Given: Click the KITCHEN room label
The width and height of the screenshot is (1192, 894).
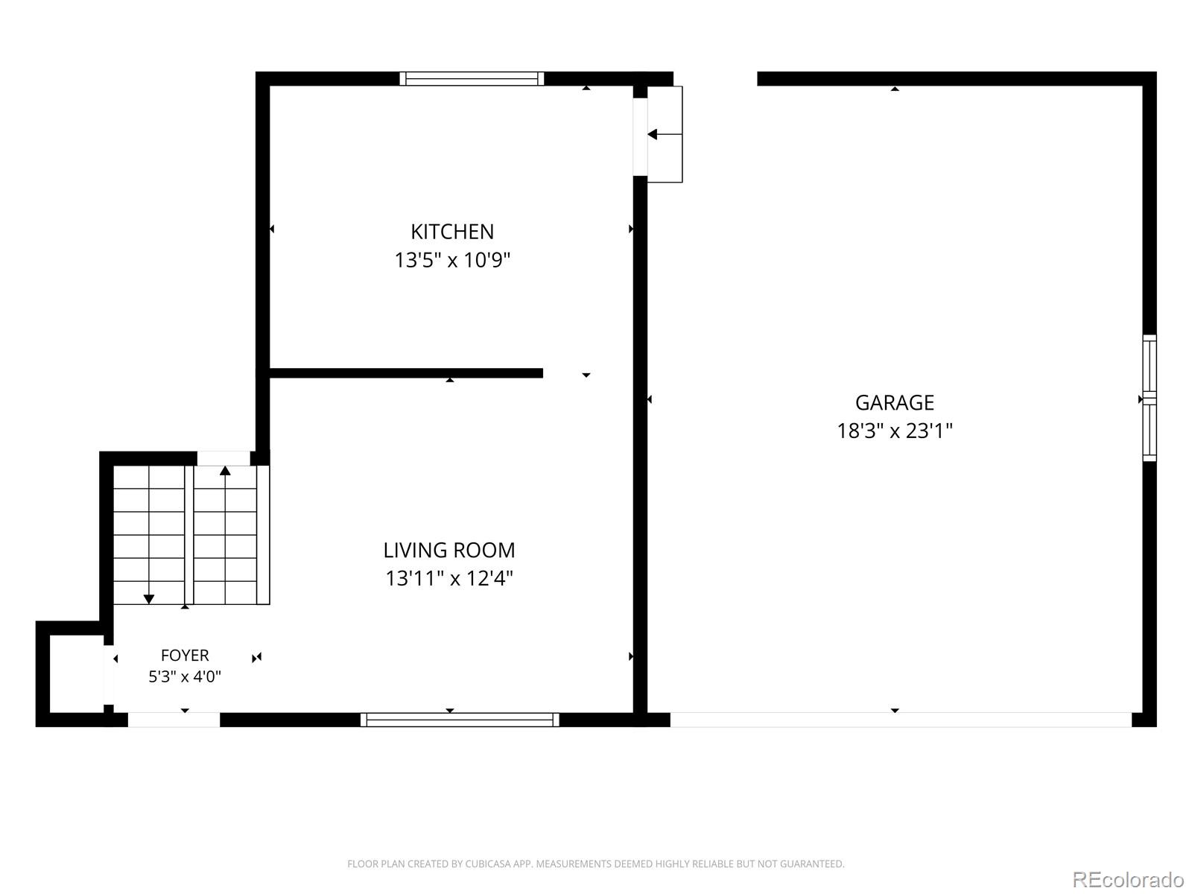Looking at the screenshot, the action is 451,232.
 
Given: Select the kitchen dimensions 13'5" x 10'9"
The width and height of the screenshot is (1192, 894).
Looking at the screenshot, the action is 451,260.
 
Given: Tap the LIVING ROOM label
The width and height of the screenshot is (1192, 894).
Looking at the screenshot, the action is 449,551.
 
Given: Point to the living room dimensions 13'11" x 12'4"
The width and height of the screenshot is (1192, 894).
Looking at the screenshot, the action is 449,579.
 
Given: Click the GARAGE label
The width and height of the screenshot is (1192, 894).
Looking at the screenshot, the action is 895,403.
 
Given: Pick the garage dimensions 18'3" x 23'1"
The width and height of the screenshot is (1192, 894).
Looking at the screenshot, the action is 895,431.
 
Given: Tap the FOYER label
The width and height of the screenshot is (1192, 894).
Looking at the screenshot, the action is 185,655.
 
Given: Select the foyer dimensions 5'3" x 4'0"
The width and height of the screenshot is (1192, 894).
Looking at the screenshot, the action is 185,676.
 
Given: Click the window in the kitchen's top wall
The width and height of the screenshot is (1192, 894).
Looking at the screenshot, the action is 472,79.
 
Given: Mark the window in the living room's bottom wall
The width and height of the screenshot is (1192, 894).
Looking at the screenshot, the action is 460,720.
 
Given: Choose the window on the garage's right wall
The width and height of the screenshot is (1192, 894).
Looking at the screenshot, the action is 1150,398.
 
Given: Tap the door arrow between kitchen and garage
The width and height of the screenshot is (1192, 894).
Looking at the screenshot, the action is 665,134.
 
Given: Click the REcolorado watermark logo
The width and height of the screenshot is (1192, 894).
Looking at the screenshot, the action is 1128,879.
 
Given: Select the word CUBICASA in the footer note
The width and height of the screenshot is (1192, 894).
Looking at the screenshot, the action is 487,863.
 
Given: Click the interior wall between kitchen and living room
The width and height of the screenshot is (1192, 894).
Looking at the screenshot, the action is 406,373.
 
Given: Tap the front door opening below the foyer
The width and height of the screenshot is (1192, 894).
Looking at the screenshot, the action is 174,720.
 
